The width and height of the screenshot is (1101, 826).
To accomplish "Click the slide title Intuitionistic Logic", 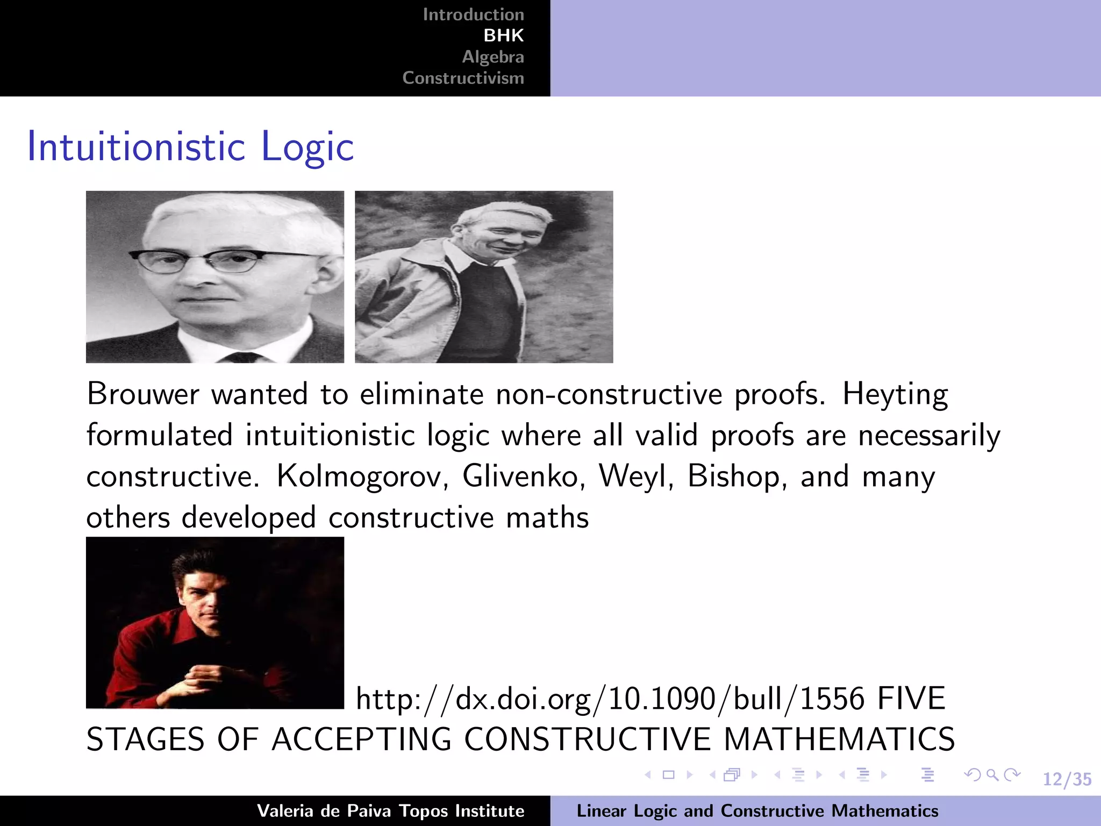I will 190,146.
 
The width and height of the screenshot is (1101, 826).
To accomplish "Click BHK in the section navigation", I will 503,35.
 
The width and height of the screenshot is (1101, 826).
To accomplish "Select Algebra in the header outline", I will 492,56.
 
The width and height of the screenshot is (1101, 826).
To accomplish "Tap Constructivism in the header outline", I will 463,78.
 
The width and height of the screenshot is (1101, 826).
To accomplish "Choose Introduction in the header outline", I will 473,15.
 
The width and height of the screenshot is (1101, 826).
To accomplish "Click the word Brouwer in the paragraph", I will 143,394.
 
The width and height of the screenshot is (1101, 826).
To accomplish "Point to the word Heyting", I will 895,394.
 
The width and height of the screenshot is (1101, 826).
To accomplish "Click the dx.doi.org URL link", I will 610,699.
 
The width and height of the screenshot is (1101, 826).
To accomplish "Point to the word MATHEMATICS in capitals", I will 839,739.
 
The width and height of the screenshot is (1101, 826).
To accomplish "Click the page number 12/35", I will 1067,779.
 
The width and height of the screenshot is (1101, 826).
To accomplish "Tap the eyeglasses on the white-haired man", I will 220,260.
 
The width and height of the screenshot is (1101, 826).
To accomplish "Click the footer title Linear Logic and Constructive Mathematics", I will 757,811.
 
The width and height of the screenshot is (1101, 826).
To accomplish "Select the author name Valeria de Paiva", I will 324,811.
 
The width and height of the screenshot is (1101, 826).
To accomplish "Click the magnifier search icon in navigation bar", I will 992,775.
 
